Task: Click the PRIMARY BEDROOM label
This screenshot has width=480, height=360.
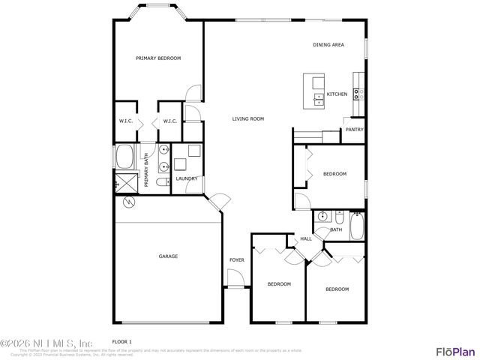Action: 158,58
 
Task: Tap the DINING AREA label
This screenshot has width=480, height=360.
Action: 328,45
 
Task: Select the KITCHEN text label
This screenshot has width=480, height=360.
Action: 337,94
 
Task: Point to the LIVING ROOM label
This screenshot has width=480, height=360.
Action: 247,118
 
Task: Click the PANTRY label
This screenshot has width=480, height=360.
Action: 354,130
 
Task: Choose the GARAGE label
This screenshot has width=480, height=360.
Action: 168,256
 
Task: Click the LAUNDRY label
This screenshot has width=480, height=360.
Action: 187,178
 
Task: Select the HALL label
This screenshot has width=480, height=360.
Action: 306,239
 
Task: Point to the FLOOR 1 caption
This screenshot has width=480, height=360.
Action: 121,341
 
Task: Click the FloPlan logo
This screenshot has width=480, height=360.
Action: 455,351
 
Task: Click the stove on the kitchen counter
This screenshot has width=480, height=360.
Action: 360,94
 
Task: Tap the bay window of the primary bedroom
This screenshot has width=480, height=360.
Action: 157,12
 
